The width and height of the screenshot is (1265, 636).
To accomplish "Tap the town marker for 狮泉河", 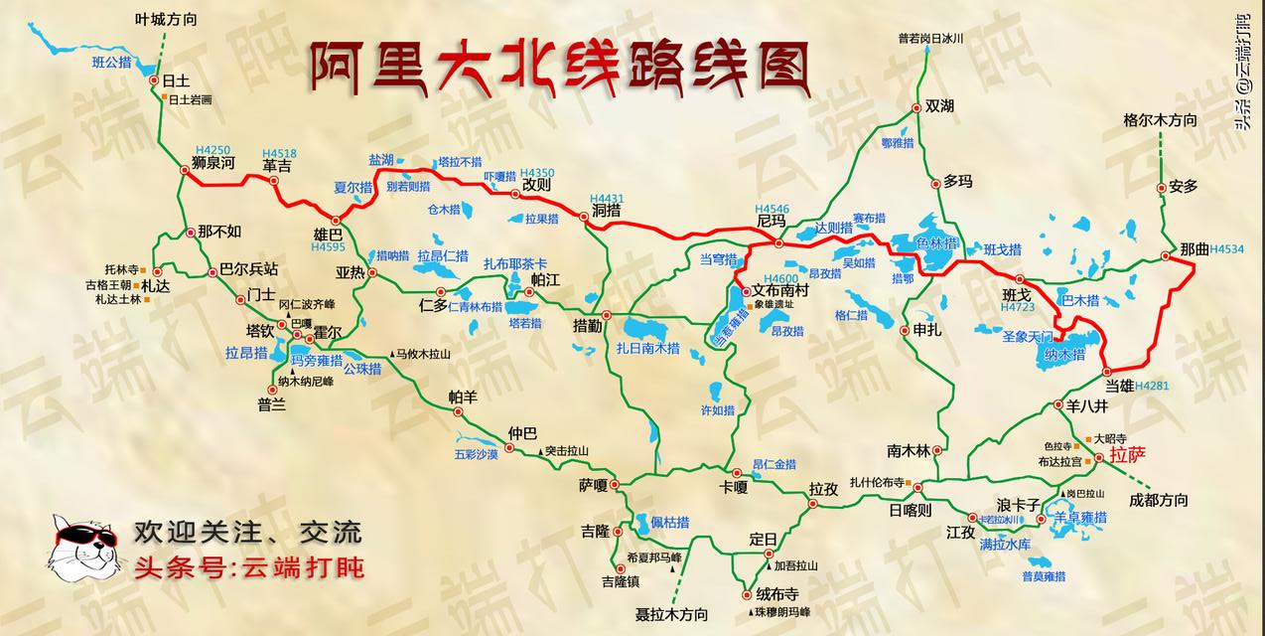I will pyautogui.click(x=184, y=170).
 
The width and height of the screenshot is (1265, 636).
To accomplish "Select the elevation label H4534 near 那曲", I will pyautogui.click(x=1227, y=248).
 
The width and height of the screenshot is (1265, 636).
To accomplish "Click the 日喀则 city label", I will pyautogui.click(x=910, y=510).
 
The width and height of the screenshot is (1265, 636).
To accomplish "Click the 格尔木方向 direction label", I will pyautogui.click(x=1159, y=120).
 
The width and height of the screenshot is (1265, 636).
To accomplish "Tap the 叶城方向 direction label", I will pyautogui.click(x=167, y=18).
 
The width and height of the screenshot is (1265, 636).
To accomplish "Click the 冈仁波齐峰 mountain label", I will pyautogui.click(x=307, y=304).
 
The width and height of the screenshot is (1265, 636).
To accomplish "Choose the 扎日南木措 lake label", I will pyautogui.click(x=647, y=348).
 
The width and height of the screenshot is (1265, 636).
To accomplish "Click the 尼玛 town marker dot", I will pyautogui.click(x=778, y=242).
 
